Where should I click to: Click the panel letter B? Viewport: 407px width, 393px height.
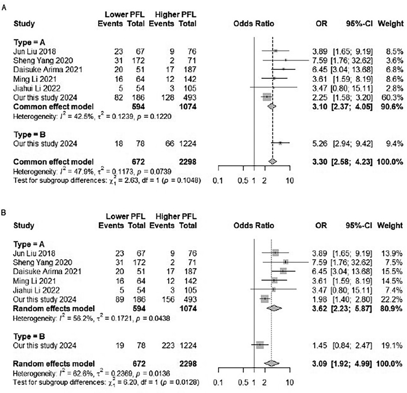coord(4,214)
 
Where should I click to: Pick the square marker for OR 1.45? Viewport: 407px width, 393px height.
coord(260,345)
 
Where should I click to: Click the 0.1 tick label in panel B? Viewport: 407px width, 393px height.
coord(219,383)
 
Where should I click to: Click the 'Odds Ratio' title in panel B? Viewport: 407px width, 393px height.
coord(254,225)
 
